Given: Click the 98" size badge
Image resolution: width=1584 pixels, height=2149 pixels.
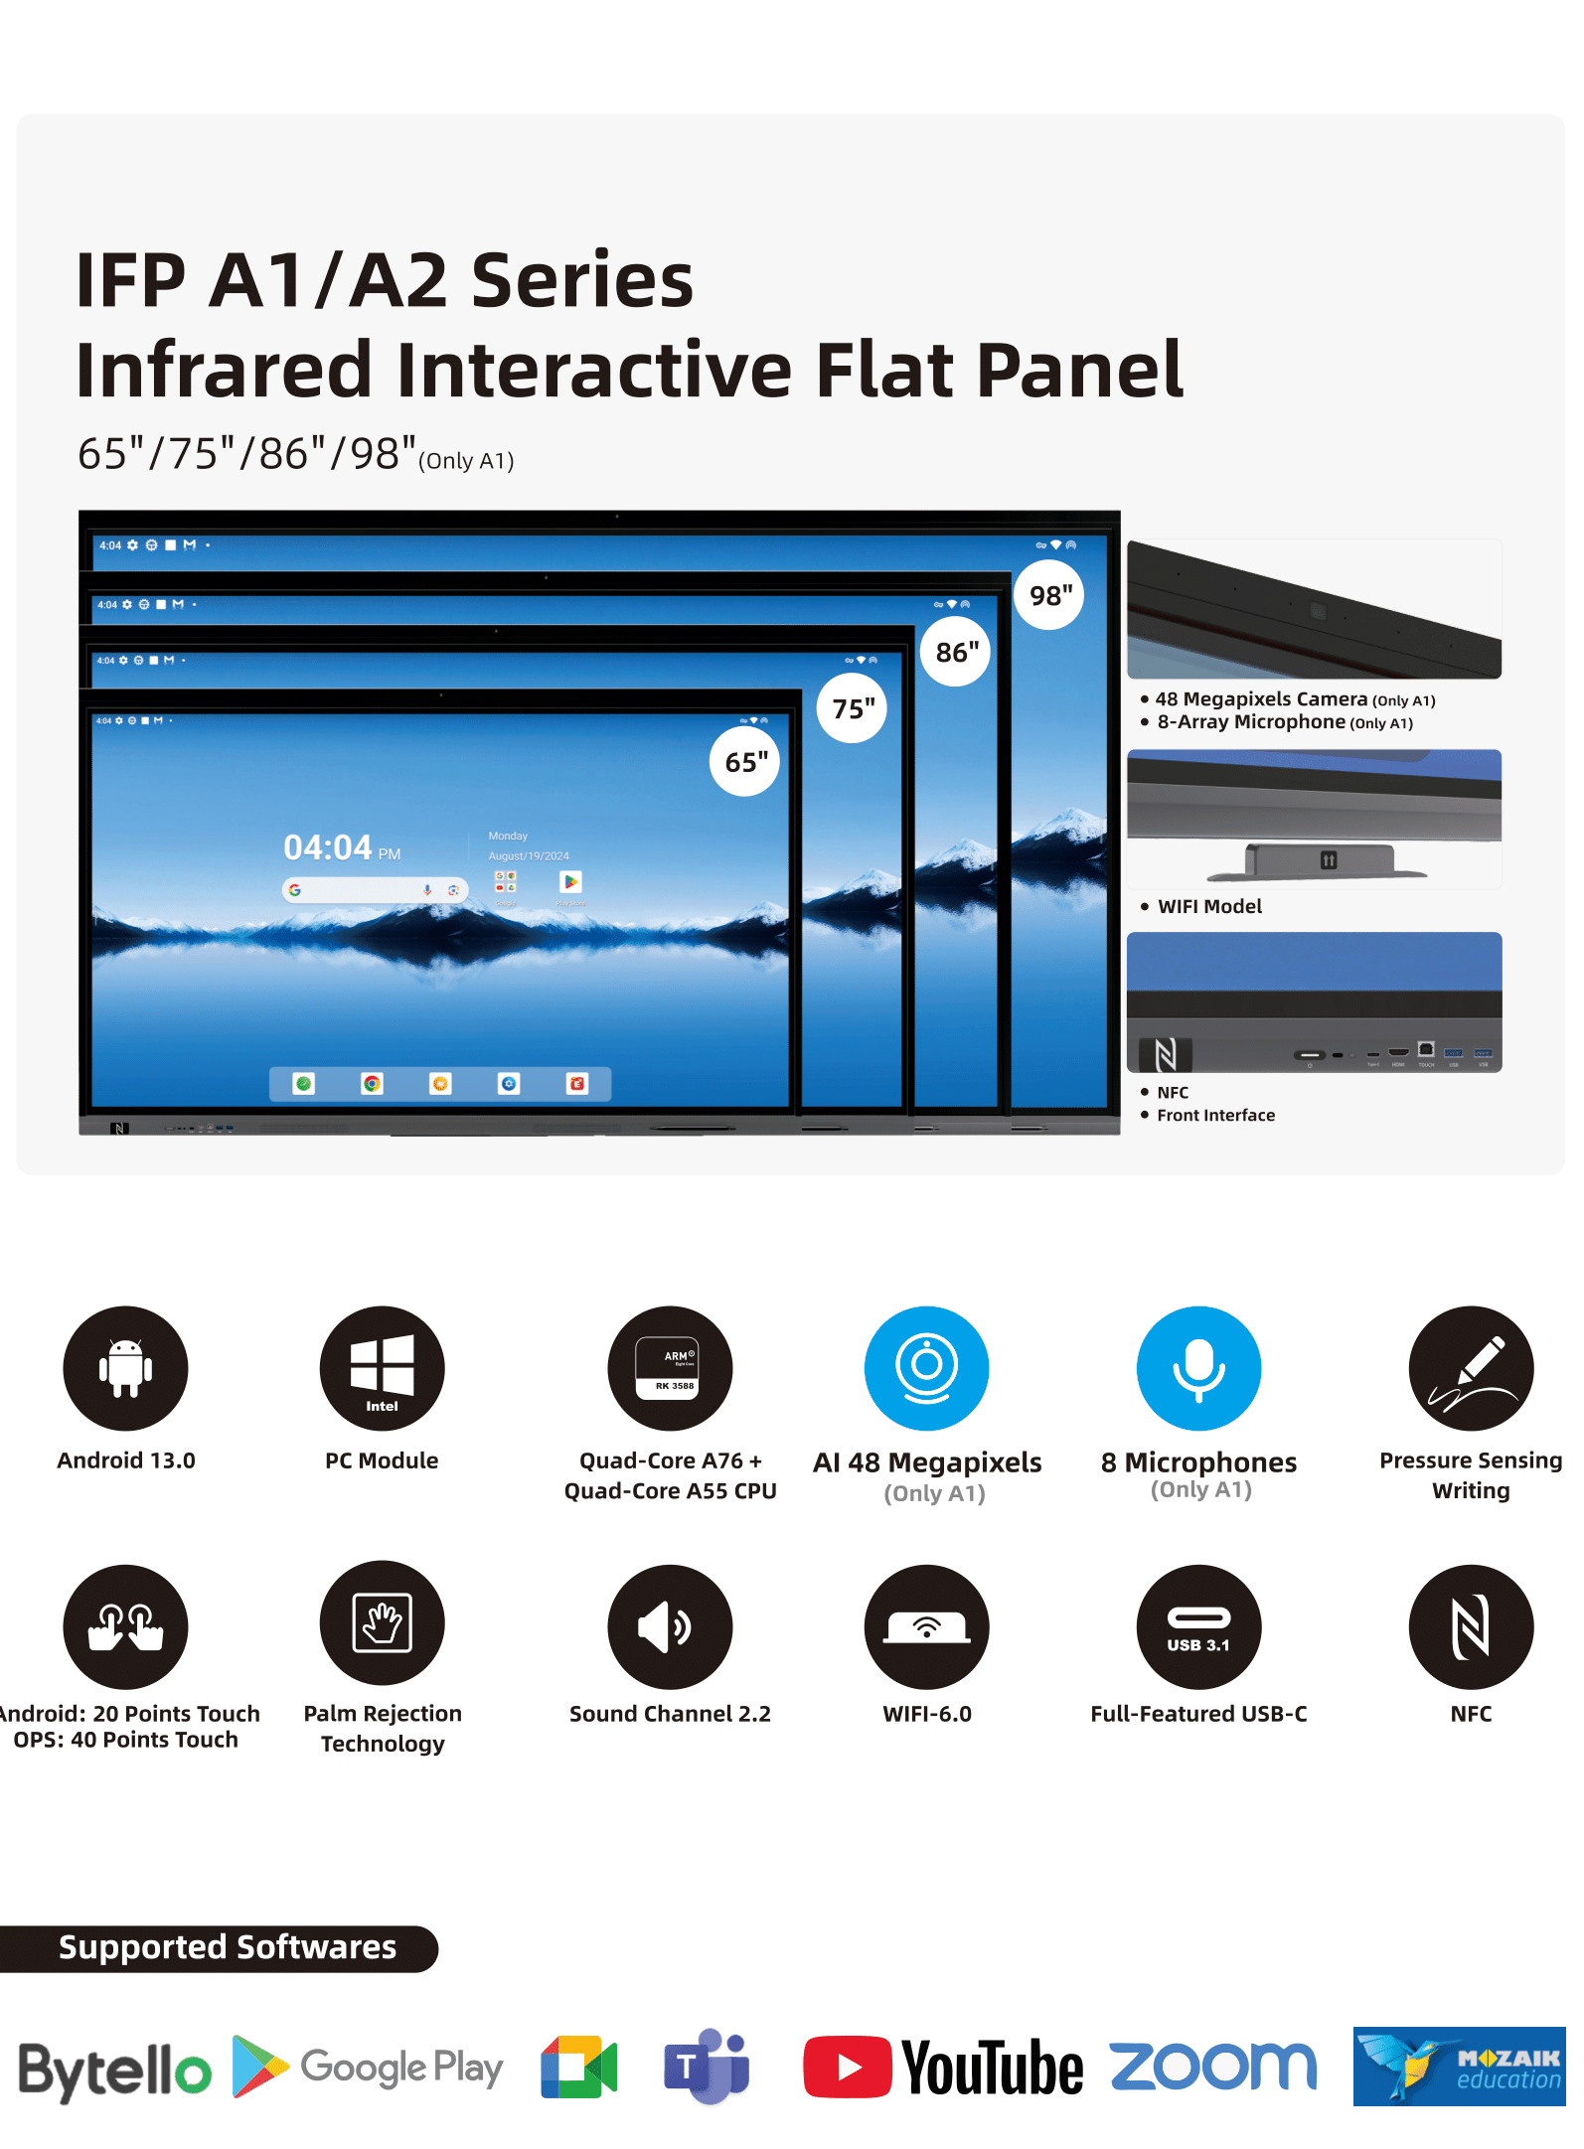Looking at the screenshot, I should point(1049,595).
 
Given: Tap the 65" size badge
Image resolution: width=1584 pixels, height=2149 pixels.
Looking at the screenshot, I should point(745,762).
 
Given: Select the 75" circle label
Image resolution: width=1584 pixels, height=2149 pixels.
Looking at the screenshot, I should point(853,708).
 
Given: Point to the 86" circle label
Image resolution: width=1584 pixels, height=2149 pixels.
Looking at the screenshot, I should point(956,652).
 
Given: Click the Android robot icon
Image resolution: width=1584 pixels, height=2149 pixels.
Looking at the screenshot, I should point(125,1368).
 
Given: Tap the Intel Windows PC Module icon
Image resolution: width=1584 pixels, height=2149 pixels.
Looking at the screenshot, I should point(382,1368).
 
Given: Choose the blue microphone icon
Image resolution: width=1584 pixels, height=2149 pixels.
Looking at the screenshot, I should point(1198,1368).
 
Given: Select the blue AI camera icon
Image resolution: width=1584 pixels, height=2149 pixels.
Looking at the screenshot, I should point(926,1368).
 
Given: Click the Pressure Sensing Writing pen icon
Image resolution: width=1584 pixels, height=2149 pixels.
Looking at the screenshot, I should point(1471,1368).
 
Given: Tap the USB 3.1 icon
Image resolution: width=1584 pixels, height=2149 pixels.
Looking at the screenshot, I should point(1198,1626).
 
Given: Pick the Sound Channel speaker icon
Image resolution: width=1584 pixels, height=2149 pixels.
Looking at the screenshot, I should point(670,1626).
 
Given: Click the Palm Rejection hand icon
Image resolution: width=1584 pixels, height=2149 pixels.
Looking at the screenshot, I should point(382,1623).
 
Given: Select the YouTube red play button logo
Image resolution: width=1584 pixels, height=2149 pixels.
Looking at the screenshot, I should point(848,2067).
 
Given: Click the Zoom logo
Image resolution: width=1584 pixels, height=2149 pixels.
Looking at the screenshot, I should point(1213,2067).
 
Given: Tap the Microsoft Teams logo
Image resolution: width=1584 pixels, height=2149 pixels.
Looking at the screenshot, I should point(707,2067).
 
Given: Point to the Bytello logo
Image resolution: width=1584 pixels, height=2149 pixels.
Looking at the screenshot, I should point(114,2071).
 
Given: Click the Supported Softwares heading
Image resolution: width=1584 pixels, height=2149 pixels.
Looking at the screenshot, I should point(228,1947).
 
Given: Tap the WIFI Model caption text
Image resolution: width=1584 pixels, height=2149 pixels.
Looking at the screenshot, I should point(1209,906).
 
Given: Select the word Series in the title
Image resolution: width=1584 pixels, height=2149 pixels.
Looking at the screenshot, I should point(582,281).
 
